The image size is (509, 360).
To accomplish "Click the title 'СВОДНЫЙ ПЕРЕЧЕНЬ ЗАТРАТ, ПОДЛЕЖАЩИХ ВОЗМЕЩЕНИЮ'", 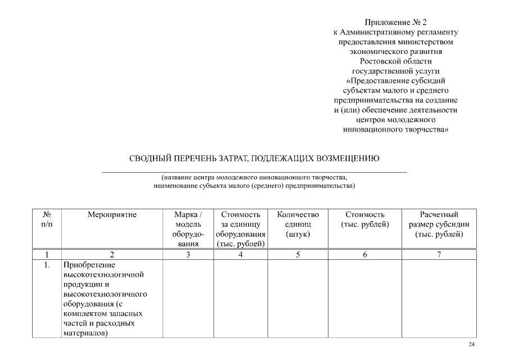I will (x=254, y=158).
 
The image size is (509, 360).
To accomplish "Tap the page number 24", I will (x=472, y=344).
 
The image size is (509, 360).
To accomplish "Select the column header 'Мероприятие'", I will (x=112, y=214).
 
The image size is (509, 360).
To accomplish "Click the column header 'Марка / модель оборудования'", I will (x=188, y=229).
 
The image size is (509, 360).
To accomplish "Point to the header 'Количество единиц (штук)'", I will (x=298, y=224).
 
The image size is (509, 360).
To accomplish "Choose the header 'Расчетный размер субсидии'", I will (x=439, y=224).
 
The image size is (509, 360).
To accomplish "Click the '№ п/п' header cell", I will (x=47, y=219).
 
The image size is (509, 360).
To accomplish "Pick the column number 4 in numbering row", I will (x=240, y=255).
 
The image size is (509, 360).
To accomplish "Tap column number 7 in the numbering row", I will (x=439, y=255).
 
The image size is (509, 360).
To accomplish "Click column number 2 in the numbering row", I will (x=112, y=255).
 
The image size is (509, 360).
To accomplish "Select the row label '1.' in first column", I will (x=47, y=264).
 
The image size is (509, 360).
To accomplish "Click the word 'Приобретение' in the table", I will (x=89, y=264).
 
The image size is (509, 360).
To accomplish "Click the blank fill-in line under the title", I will (x=254, y=171).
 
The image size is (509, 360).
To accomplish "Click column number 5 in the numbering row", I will (x=298, y=255).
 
